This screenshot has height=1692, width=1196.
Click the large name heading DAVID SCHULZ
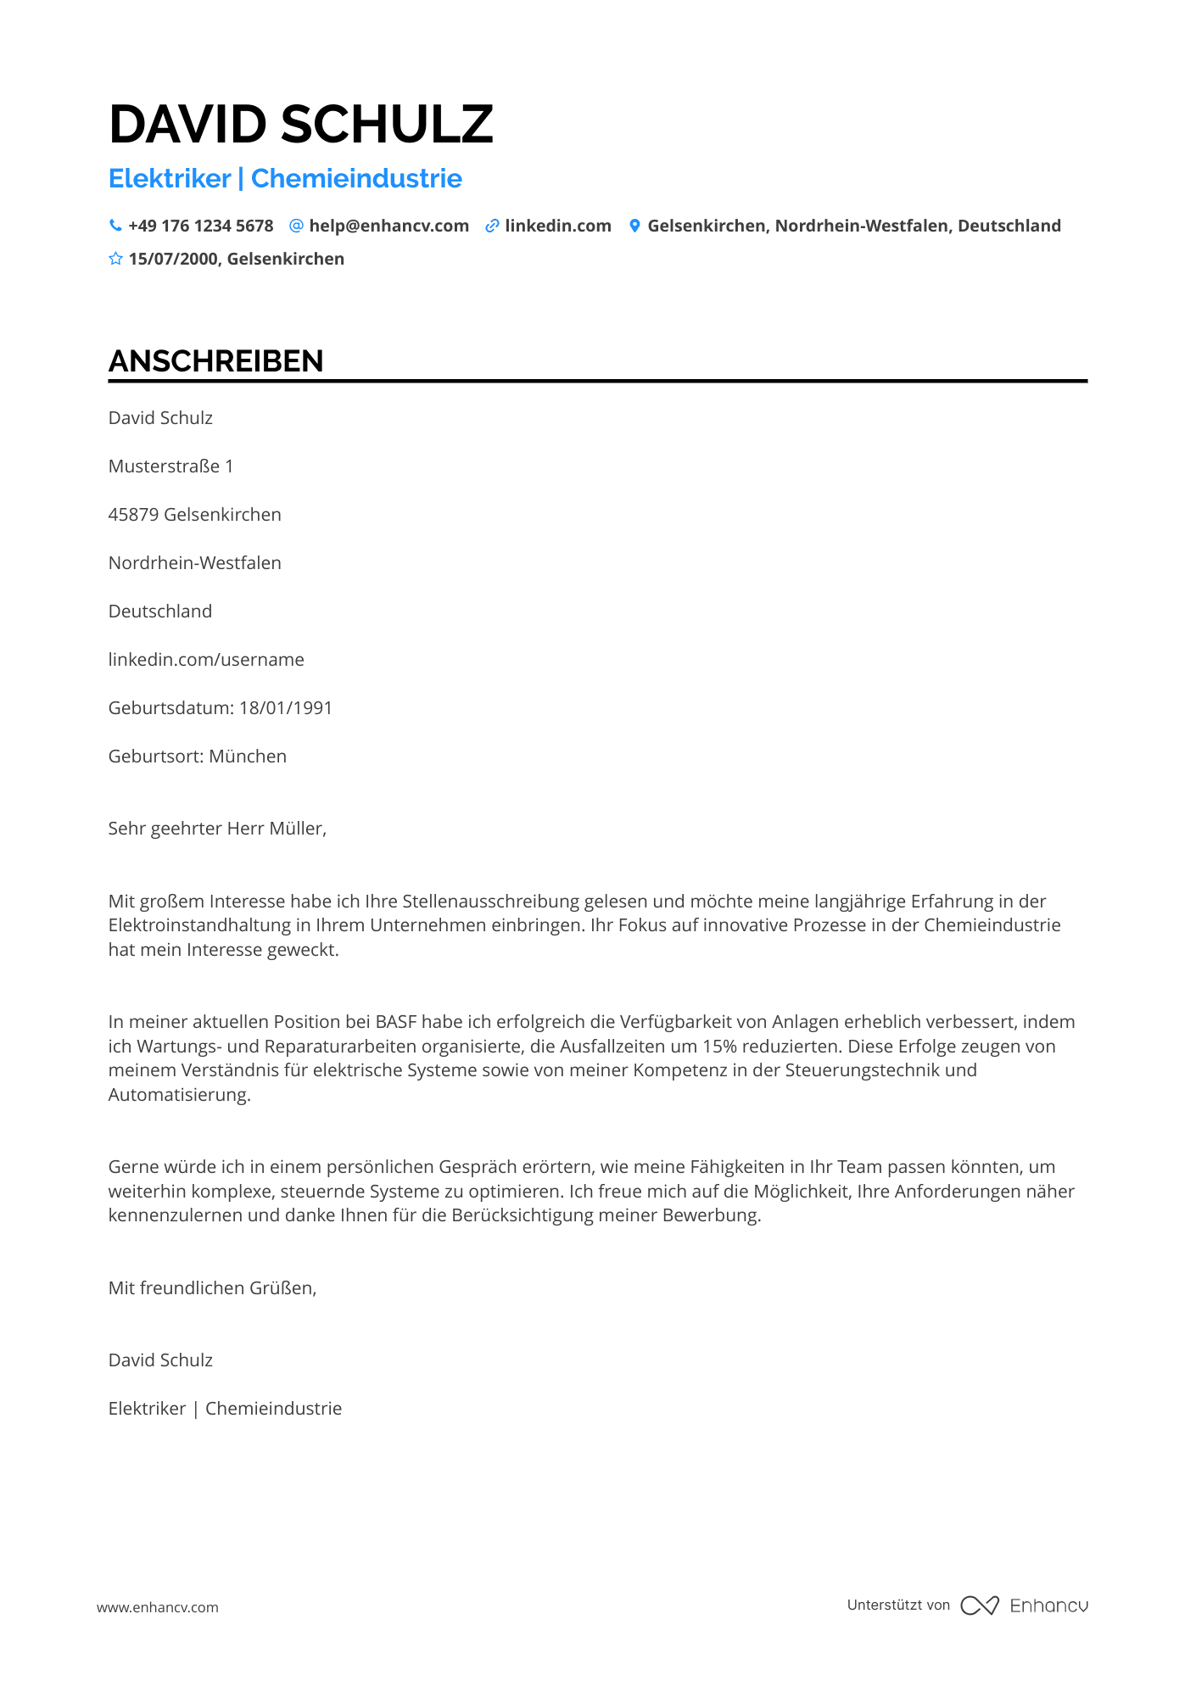tap(301, 125)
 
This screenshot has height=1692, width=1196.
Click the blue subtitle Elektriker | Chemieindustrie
tap(285, 179)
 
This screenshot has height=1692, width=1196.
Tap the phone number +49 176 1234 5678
tap(200, 226)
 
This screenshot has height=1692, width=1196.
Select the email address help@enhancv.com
tap(388, 226)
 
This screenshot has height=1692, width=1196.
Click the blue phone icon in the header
tap(115, 226)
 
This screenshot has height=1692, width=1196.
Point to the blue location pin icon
tap(634, 226)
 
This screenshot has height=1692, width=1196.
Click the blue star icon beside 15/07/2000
tap(115, 259)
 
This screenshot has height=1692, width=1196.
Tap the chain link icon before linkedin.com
tap(492, 226)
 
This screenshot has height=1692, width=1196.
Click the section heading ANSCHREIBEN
tap(215, 361)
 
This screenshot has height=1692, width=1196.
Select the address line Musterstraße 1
tap(170, 466)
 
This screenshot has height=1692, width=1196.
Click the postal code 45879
tap(133, 515)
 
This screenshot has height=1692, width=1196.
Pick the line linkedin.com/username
tap(206, 660)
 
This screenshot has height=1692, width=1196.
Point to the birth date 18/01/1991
tap(286, 708)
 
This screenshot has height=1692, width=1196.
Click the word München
tap(248, 757)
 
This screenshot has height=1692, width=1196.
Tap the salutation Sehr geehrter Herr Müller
tap(217, 829)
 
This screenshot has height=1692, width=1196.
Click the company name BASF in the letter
tap(396, 1022)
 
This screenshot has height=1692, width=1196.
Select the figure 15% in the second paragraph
tap(719, 1047)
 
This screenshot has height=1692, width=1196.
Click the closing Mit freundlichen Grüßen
tap(212, 1288)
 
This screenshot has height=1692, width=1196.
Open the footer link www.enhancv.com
tap(158, 1607)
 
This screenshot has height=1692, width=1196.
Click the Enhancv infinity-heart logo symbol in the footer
tap(979, 1605)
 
